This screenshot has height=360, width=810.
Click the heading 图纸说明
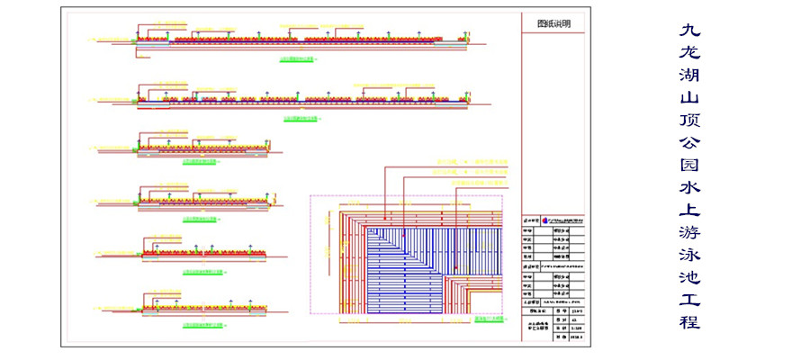tap(553, 24)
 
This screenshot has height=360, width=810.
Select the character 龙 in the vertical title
tap(688, 53)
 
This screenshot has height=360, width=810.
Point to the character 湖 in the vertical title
tap(688, 76)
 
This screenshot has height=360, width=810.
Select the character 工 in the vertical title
tap(688, 299)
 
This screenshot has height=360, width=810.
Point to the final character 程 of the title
tap(688, 321)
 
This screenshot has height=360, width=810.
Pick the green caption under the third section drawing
tap(199, 163)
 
